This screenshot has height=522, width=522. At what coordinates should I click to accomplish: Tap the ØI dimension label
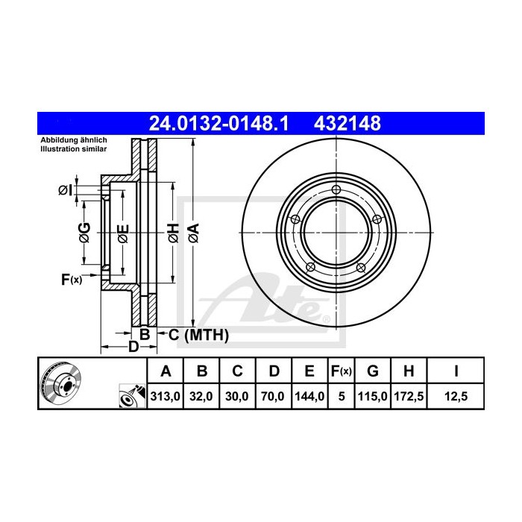click(66, 189)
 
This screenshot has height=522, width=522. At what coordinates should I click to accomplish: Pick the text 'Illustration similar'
click(73, 150)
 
